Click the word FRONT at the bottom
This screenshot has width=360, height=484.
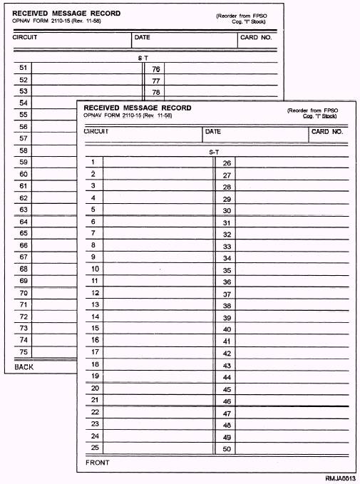pos(98,463)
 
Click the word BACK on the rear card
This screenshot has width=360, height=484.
pos(24,366)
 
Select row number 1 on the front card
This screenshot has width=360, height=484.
pos(93,162)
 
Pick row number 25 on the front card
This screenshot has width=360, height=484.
pos(95,448)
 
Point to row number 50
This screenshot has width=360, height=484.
pos(227,448)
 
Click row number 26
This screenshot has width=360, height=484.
pos(227,163)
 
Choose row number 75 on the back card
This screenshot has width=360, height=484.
pos(24,351)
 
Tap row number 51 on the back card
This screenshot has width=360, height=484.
pos(24,68)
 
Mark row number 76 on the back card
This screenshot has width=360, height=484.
pos(156,69)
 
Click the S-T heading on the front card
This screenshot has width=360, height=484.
pos(214,153)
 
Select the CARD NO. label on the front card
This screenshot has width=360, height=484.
pos(328,132)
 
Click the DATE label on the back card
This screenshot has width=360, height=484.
pos(143,37)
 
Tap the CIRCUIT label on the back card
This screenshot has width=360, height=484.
pos(25,37)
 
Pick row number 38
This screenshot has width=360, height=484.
pos(227,306)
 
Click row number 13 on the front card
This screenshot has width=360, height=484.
pos(95,304)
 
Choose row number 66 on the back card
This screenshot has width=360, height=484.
pos(24,244)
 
